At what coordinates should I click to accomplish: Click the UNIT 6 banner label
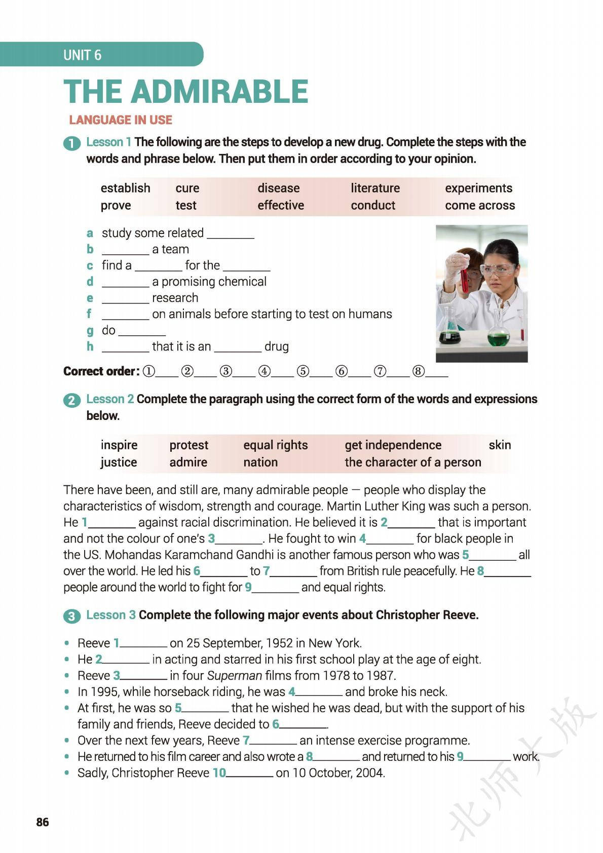82,55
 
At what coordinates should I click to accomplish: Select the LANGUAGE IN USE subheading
121,120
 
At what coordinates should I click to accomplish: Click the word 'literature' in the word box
375,188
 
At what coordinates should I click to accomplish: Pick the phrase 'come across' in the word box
479,205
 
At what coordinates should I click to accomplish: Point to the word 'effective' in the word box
280,205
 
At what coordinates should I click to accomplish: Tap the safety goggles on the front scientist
498,269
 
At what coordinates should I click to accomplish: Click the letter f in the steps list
89,314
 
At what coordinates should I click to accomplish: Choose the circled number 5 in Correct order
303,371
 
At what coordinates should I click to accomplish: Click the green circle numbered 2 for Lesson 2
71,400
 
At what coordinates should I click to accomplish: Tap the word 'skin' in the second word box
499,445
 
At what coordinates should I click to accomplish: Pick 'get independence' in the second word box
393,445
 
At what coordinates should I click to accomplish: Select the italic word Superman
235,675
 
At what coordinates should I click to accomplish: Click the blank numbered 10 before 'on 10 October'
249,774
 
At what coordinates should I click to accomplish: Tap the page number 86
43,822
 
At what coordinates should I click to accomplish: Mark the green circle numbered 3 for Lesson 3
71,616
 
